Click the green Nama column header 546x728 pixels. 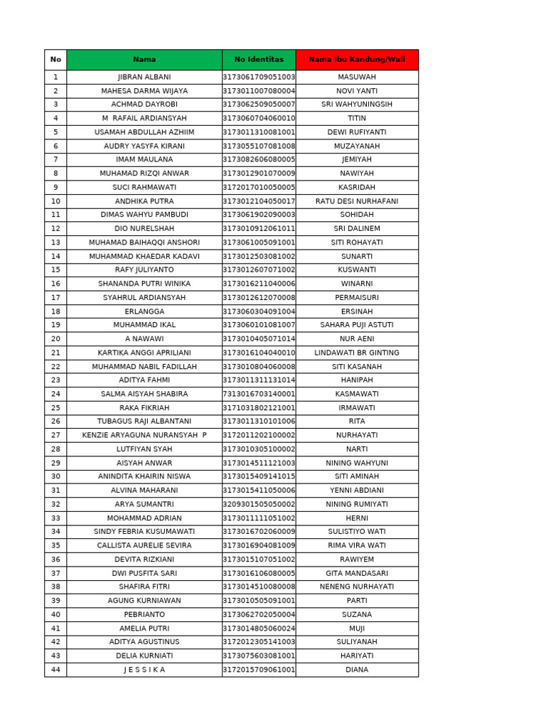click(x=144, y=60)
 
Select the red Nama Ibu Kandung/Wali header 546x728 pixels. click(x=357, y=60)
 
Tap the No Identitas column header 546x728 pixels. click(x=259, y=60)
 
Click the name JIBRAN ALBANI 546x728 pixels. click(x=144, y=77)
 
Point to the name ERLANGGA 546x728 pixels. click(x=144, y=311)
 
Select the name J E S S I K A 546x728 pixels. click(x=144, y=670)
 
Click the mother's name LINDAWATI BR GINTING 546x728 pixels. click(x=357, y=353)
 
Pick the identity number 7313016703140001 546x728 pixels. click(x=259, y=394)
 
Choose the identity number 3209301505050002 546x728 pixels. click(x=259, y=504)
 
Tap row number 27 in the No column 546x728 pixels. click(x=55, y=435)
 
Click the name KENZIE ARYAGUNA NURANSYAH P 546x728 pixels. click(x=144, y=435)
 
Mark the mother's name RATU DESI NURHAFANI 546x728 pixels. click(x=357, y=201)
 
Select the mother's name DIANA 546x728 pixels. click(x=357, y=670)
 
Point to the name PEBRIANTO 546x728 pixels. click(x=144, y=614)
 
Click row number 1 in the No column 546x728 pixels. click(x=55, y=77)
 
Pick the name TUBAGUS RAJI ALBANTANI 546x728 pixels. click(x=144, y=422)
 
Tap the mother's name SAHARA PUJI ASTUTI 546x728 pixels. click(x=357, y=325)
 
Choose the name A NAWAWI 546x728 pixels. click(x=144, y=339)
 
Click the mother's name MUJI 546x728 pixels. click(x=357, y=628)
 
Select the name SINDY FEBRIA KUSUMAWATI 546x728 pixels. click(x=144, y=532)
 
